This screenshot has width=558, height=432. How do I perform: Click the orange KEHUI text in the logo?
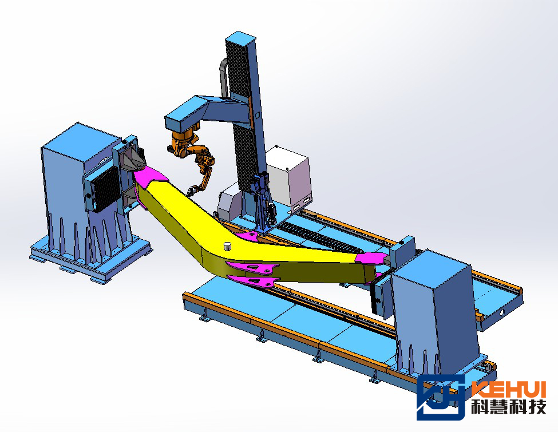(x=508, y=389)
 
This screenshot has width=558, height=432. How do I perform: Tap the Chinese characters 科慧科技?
(x=509, y=407)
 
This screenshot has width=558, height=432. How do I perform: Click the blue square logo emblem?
(x=441, y=397)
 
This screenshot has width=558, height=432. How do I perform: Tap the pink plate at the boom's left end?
(x=150, y=176)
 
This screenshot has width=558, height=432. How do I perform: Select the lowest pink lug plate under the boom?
(x=252, y=281)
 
